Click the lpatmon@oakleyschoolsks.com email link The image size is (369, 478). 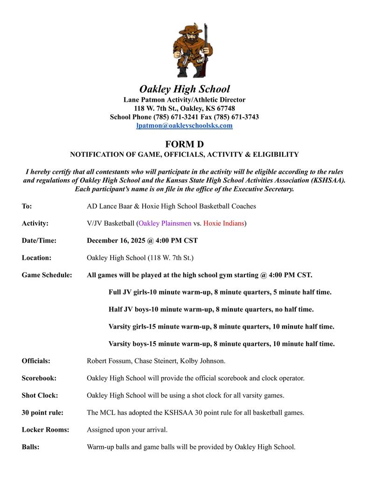(184, 126)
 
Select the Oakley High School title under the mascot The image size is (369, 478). (184, 89)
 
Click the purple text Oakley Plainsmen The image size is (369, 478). (165, 223)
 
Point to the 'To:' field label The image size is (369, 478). (27, 206)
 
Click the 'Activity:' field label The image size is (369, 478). (35, 223)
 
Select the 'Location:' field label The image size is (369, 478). (36, 257)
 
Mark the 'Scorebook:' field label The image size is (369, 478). (39, 378)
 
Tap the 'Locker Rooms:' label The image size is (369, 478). (45, 429)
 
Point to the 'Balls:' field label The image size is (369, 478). (30, 447)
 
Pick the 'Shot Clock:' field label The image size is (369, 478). (40, 395)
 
